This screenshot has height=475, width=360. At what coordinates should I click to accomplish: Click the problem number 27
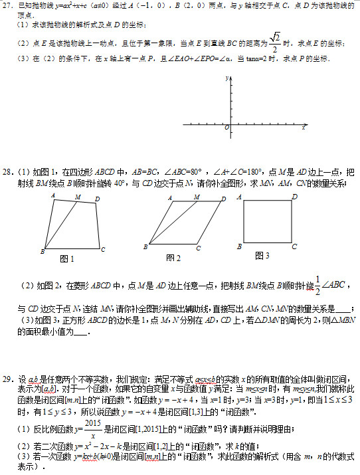(x=7, y=5)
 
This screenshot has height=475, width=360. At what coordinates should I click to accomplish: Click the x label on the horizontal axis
(x=304, y=126)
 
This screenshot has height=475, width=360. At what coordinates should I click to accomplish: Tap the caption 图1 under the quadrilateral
(x=67, y=258)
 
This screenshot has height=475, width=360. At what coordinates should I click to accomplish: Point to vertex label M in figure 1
(x=78, y=197)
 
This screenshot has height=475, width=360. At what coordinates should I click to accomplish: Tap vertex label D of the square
(x=294, y=197)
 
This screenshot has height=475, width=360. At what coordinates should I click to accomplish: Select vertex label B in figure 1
(x=42, y=252)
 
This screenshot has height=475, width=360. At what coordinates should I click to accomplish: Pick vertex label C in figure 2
(x=198, y=249)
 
